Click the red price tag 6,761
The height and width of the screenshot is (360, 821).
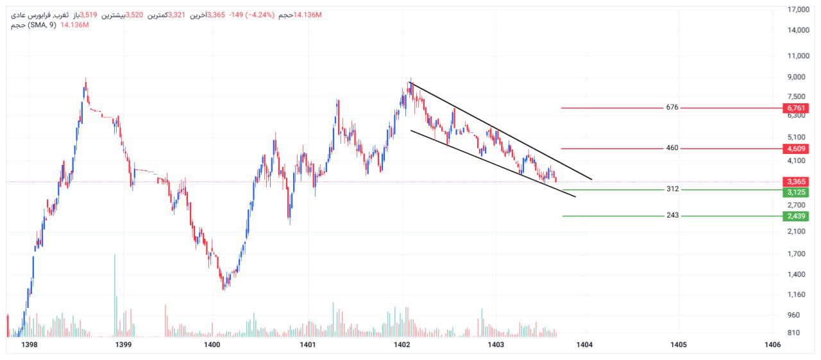click(x=796, y=108)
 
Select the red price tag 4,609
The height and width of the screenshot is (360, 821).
click(x=796, y=149)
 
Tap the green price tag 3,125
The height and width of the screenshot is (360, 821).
click(x=796, y=192)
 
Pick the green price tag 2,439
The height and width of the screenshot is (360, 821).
click(x=796, y=216)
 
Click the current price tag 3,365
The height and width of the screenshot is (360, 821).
click(x=796, y=182)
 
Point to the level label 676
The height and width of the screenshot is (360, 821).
click(x=672, y=107)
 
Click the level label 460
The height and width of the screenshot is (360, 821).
click(x=672, y=148)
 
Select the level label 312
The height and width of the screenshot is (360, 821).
click(x=672, y=189)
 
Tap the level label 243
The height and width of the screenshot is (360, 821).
click(x=672, y=216)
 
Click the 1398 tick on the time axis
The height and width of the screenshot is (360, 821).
click(x=29, y=345)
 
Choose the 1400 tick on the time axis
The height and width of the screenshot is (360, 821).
click(x=212, y=345)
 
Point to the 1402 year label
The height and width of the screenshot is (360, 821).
click(x=402, y=345)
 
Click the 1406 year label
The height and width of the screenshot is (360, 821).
click(x=773, y=345)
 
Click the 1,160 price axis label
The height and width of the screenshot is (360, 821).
click(x=797, y=295)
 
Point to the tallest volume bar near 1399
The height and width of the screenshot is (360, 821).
click(x=115, y=295)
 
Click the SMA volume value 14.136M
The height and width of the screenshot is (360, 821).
click(x=74, y=24)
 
